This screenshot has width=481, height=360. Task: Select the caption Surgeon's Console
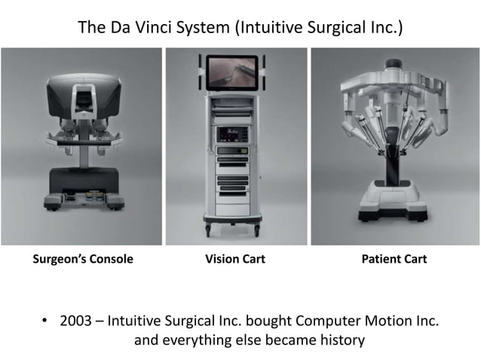click(x=82, y=259)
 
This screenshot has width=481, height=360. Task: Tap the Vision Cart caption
click(x=235, y=259)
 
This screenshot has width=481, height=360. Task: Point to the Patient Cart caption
click(x=394, y=259)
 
